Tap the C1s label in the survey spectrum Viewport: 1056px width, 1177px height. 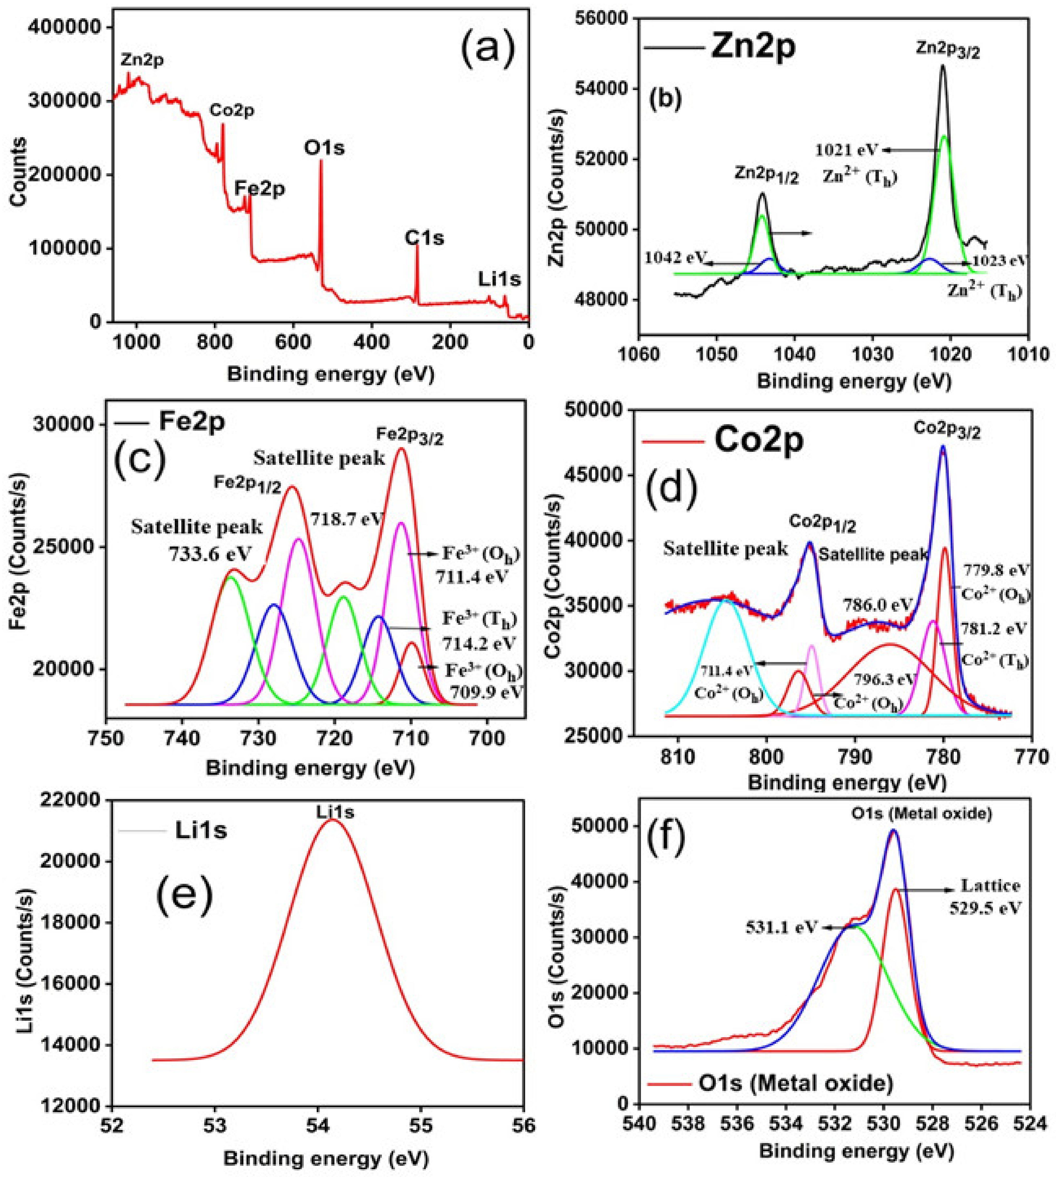click(x=424, y=238)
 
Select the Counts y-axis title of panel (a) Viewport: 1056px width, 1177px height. click(x=19, y=172)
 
